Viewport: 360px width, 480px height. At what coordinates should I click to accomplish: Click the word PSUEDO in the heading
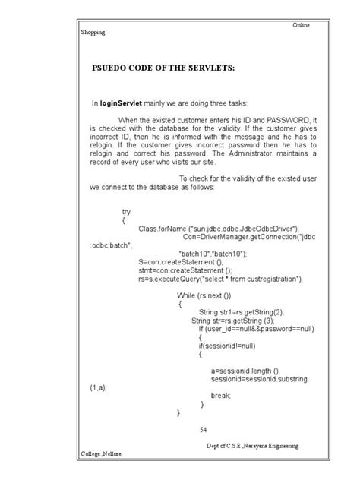pyautogui.click(x=110, y=68)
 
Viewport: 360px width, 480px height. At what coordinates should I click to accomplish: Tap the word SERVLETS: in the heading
pyautogui.click(x=208, y=68)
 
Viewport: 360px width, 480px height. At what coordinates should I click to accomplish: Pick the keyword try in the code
pyautogui.click(x=126, y=212)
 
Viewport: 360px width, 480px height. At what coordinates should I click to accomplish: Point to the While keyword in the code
pyautogui.click(x=188, y=295)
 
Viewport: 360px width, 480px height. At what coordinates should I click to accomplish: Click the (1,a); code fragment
pyautogui.click(x=99, y=387)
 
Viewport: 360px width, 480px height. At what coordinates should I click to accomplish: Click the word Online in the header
pyautogui.click(x=302, y=27)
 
